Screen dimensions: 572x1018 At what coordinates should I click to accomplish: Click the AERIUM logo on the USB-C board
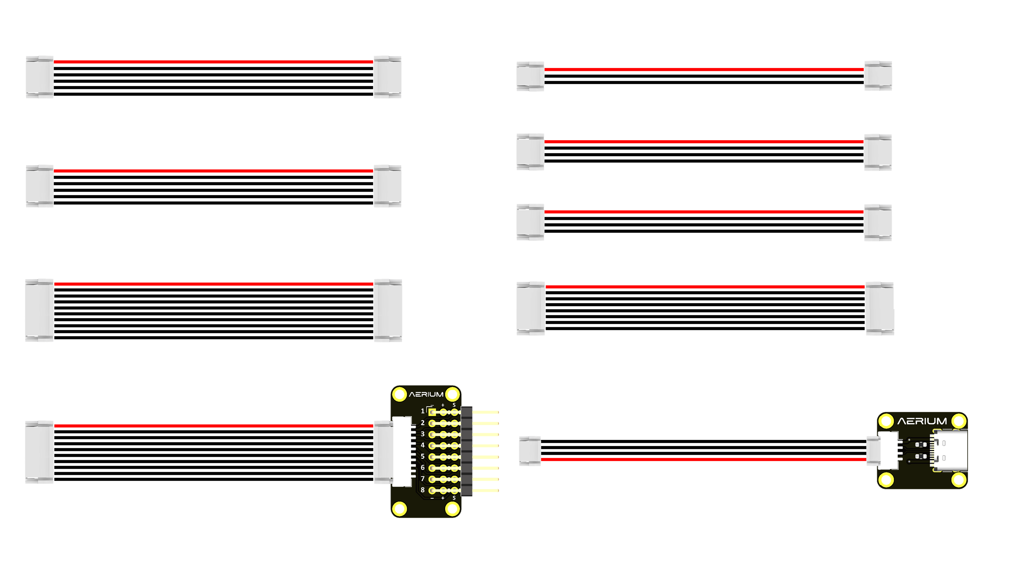pos(922,421)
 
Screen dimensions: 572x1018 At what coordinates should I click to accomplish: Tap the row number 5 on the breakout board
pos(422,456)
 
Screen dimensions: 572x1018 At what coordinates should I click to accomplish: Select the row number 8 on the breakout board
pos(422,490)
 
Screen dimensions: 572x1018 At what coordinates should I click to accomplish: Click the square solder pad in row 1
pos(432,412)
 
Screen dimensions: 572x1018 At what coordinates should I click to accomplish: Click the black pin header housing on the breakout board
pos(467,451)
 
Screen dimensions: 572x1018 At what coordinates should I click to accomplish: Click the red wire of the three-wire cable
pos(703,69)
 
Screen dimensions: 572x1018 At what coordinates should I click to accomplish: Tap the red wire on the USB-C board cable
pos(703,459)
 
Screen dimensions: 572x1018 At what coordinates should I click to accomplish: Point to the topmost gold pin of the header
pos(486,412)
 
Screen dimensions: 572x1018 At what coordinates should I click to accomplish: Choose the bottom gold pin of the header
pos(486,491)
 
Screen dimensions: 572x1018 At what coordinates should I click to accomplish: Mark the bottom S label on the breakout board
pos(454,498)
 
